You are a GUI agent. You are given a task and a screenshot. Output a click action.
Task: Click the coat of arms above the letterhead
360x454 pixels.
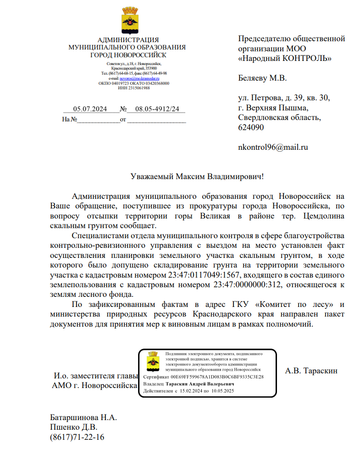click(131, 21)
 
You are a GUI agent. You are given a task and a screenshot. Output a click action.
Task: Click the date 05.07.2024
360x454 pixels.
click(90, 109)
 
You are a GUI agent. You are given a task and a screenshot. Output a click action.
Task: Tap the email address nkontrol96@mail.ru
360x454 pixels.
click(273, 148)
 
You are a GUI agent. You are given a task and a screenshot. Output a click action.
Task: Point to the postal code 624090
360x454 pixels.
click(251, 128)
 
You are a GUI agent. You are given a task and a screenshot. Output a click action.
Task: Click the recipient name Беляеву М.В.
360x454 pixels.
click(262, 78)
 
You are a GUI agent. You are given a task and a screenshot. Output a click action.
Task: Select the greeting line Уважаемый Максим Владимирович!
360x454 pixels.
click(197, 176)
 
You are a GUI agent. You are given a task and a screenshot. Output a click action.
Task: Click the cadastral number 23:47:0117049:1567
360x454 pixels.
click(201, 275)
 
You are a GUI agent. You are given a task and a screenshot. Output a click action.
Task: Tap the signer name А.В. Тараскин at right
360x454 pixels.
click(311, 371)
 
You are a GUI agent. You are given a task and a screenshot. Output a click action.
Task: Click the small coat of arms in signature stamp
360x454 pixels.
click(152, 362)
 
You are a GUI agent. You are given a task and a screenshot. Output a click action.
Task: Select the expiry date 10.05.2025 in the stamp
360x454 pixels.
click(223, 391)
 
